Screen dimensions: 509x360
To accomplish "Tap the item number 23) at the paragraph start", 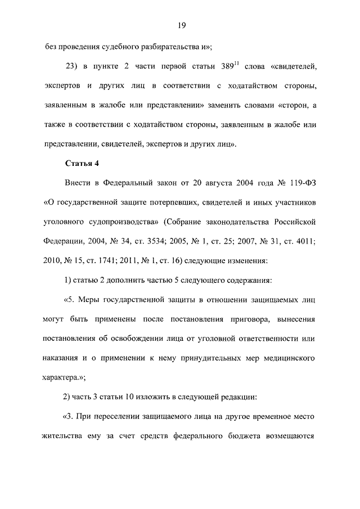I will coord(74,67).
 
